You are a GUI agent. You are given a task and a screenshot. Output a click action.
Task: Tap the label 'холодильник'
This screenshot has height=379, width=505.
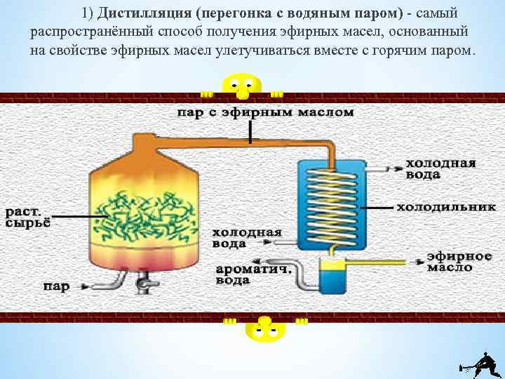pos(438,208)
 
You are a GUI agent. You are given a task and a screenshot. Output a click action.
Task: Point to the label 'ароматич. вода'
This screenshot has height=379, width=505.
pos(244,274)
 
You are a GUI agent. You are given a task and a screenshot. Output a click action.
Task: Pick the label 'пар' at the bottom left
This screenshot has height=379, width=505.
pos(56,286)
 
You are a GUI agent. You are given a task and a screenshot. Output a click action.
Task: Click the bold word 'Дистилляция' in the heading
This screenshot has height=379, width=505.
pos(143,14)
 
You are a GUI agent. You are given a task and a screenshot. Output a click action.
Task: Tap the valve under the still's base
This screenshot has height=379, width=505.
pos(144,284)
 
